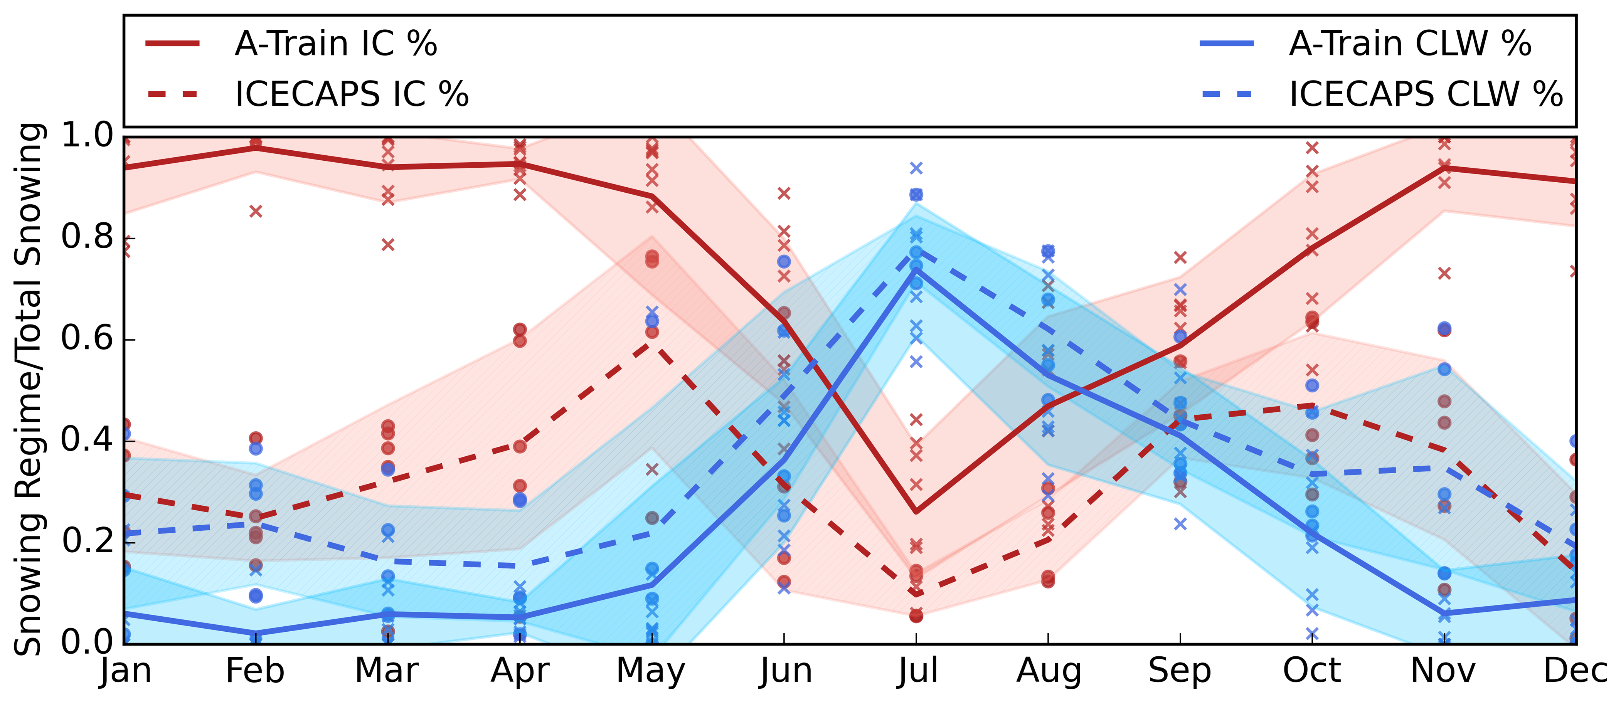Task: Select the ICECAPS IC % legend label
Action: [x=351, y=94]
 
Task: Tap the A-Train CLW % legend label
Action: [x=1410, y=44]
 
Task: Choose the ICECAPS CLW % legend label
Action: [x=1425, y=94]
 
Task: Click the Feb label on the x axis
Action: [x=255, y=671]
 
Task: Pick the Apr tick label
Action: [x=520, y=671]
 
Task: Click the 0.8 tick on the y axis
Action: [x=87, y=237]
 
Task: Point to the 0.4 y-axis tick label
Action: [x=87, y=439]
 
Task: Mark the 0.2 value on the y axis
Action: [x=87, y=541]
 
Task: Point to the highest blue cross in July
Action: [x=916, y=168]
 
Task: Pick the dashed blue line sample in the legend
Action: [x=1227, y=94]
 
